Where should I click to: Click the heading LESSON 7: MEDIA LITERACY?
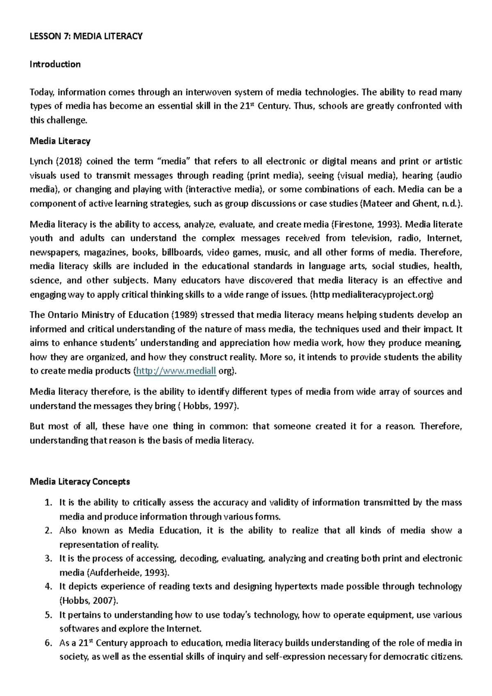pyautogui.click(x=86, y=36)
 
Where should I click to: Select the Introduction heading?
pyautogui.click(x=55, y=64)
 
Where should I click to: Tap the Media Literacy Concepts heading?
pyautogui.click(x=80, y=481)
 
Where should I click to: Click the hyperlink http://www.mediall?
pyautogui.click(x=176, y=371)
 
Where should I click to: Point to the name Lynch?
pyautogui.click(x=41, y=161)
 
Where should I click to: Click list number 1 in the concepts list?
pyautogui.click(x=48, y=502)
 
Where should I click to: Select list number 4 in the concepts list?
pyautogui.click(x=48, y=586)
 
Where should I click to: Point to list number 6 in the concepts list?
pyautogui.click(x=48, y=643)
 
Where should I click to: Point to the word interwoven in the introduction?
pyautogui.click(x=208, y=92)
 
